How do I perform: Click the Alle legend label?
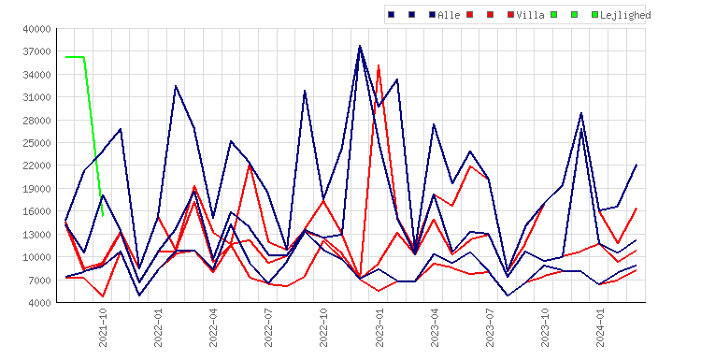pos(449,15)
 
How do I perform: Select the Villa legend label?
pos(530,15)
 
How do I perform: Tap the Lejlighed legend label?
pos(625,15)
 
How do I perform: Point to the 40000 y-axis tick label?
pos(37,29)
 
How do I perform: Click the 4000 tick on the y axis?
pos(40,303)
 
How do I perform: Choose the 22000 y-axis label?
pos(37,166)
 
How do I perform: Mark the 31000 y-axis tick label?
pos(37,97)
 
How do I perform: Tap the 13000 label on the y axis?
pos(37,235)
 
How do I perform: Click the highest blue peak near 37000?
pos(360,46)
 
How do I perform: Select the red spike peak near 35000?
pos(379,65)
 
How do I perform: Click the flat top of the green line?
pos(75,57)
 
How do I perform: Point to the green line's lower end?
pos(103,216)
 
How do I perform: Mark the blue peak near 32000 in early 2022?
pos(176,86)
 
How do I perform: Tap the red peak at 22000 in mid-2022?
pos(250,166)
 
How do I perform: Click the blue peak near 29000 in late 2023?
pos(581,113)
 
